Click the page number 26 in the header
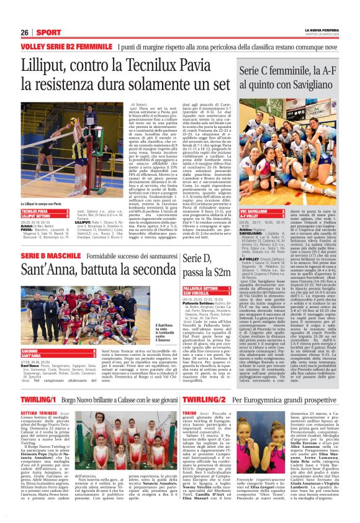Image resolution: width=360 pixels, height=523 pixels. coord(25,32)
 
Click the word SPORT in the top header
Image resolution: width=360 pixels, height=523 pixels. coord(48,32)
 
